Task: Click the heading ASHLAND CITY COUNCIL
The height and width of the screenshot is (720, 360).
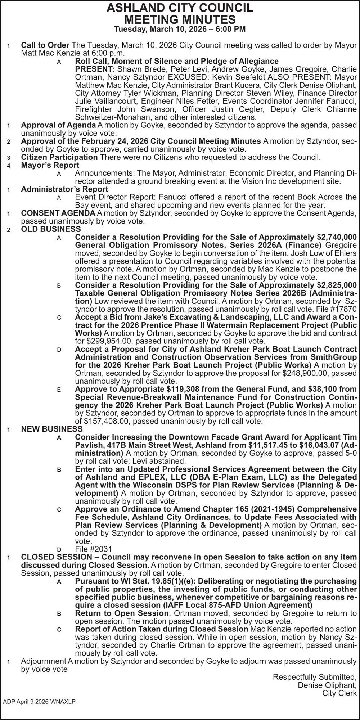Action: pos(180,8)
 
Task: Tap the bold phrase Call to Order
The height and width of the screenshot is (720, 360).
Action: pos(45,46)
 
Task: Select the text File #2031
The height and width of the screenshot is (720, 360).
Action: pos(94,549)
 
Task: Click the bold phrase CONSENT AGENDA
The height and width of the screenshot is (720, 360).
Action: pos(58,213)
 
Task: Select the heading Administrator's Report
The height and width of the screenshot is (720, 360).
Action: pos(64,189)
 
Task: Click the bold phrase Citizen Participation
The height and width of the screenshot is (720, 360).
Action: pos(59,157)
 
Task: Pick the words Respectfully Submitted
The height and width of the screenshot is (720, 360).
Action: pos(315,677)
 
